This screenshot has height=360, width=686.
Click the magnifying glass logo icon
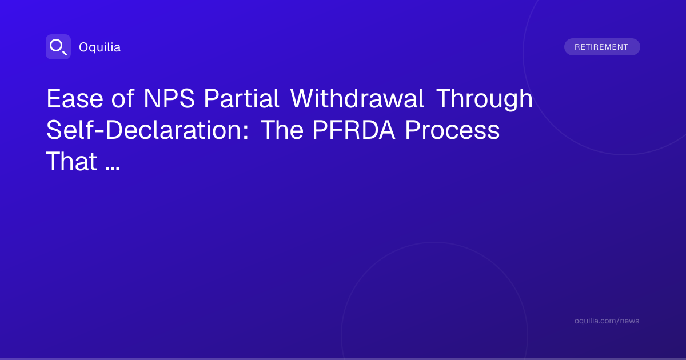coord(58,47)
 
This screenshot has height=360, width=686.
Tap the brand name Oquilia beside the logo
coord(100,47)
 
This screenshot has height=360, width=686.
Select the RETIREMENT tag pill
coord(602,47)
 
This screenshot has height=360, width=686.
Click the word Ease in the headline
coord(75,98)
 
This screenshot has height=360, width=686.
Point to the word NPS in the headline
coord(169,98)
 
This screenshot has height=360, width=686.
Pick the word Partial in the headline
coord(241,98)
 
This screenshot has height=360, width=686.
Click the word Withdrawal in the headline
coord(357,98)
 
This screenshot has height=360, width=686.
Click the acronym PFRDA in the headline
coord(354,130)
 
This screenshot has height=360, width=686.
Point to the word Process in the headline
coord(452,130)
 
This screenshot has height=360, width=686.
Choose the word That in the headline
coord(71,161)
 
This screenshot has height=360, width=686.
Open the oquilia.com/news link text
coord(607,321)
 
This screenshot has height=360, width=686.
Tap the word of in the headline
coord(123,98)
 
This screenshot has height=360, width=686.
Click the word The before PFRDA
coord(282,130)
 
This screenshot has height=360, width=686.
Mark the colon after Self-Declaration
coord(246,133)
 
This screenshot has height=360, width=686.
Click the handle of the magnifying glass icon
coord(65,53)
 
